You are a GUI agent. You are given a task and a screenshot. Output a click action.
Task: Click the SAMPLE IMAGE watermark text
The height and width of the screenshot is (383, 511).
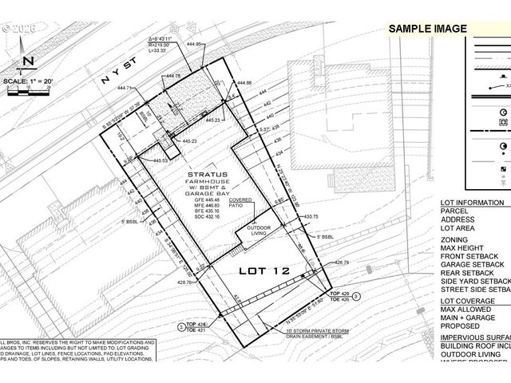click(x=427, y=29)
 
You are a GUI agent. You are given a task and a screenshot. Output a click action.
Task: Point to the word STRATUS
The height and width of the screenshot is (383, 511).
click(x=208, y=173)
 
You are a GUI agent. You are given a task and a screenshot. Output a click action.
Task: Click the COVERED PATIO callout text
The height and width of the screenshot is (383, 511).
click(x=241, y=203)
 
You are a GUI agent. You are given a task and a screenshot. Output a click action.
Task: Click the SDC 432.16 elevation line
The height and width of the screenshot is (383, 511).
click(x=207, y=216)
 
